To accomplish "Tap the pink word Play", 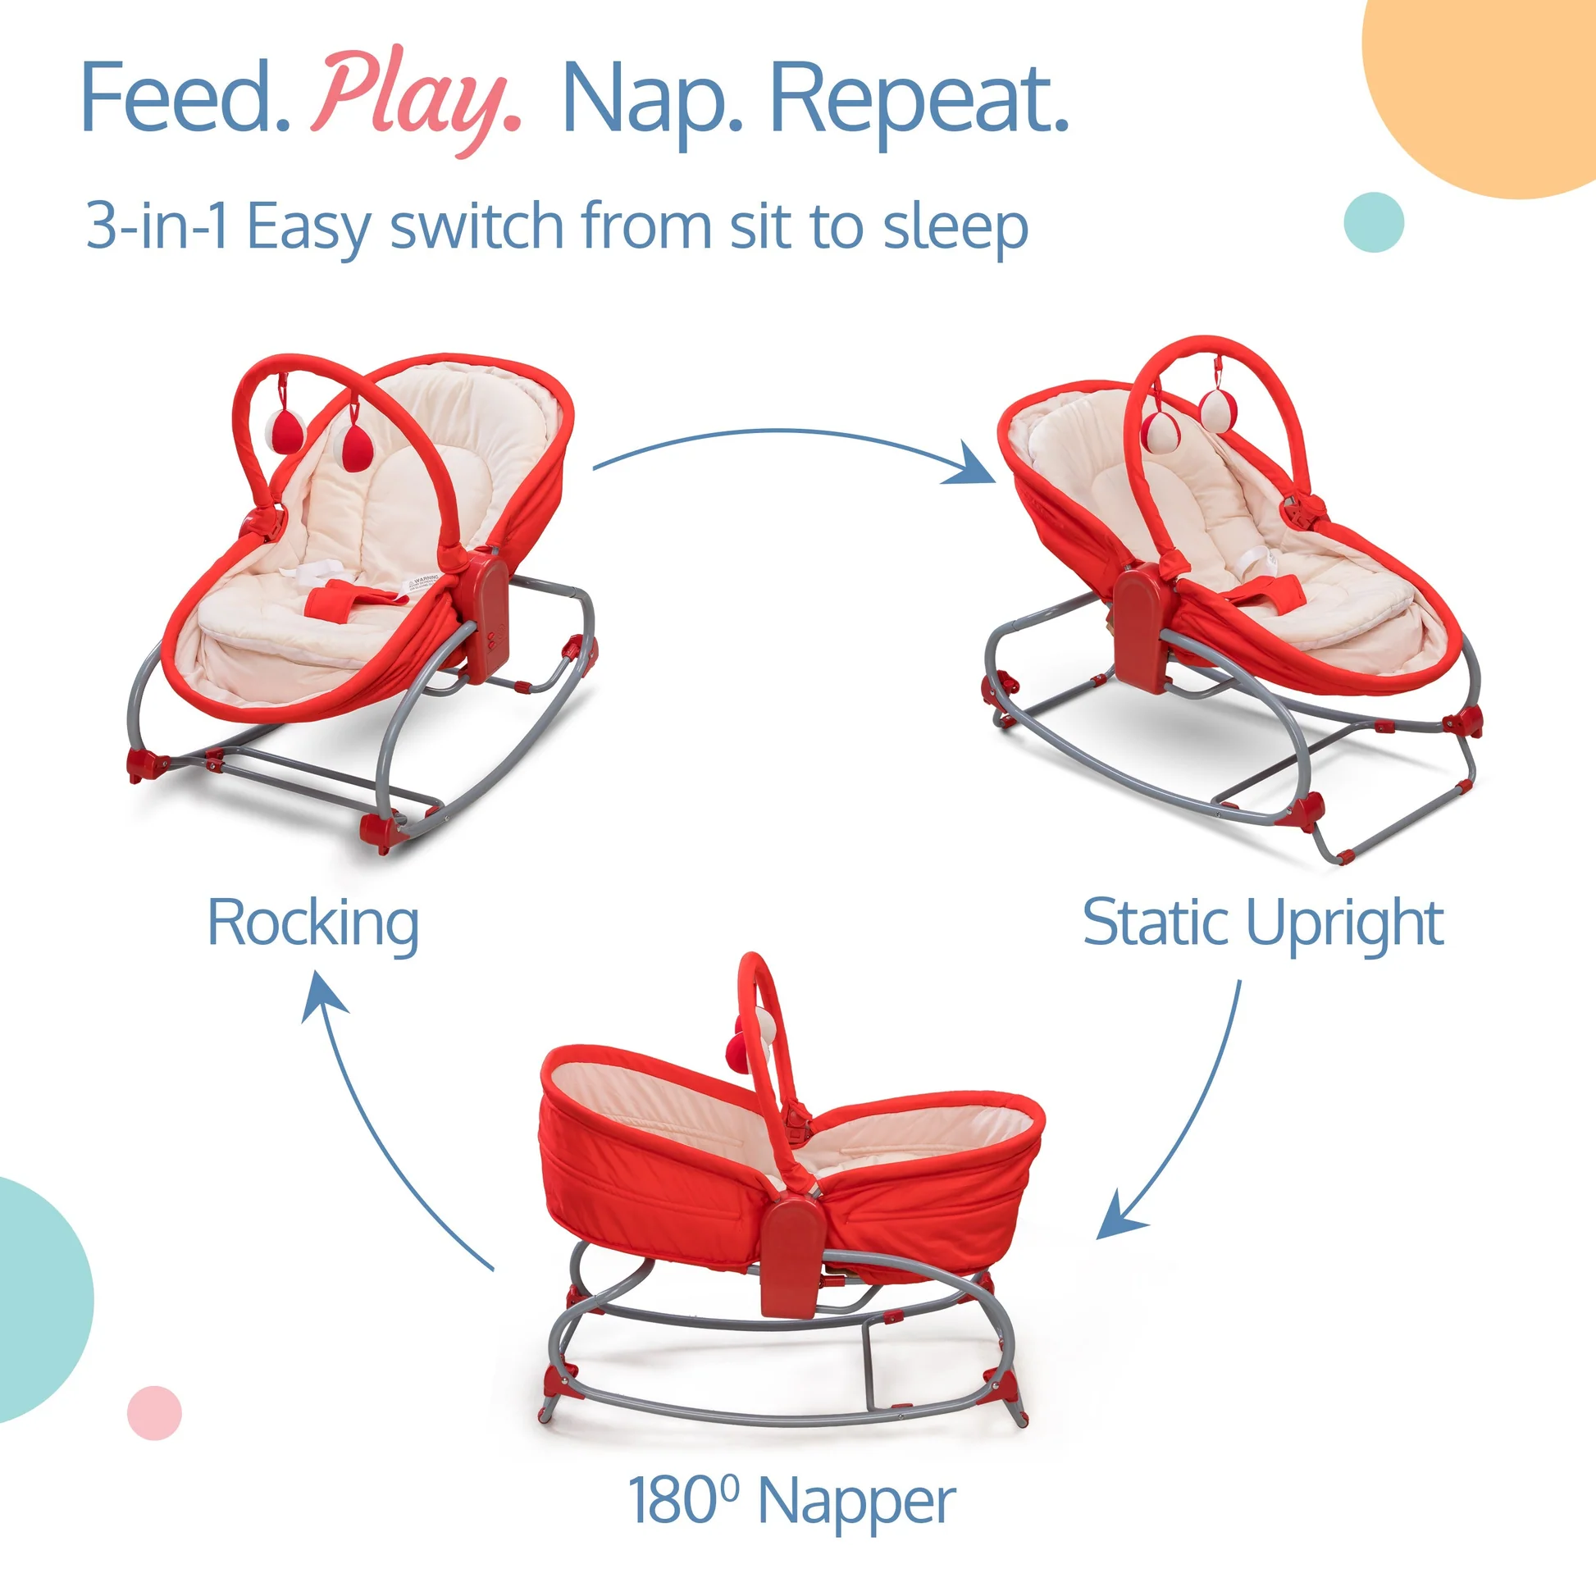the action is tap(417, 101).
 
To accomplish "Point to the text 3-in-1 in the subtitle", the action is tap(157, 225).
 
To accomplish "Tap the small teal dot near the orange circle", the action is tap(1374, 222).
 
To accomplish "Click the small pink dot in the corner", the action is tap(154, 1413).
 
